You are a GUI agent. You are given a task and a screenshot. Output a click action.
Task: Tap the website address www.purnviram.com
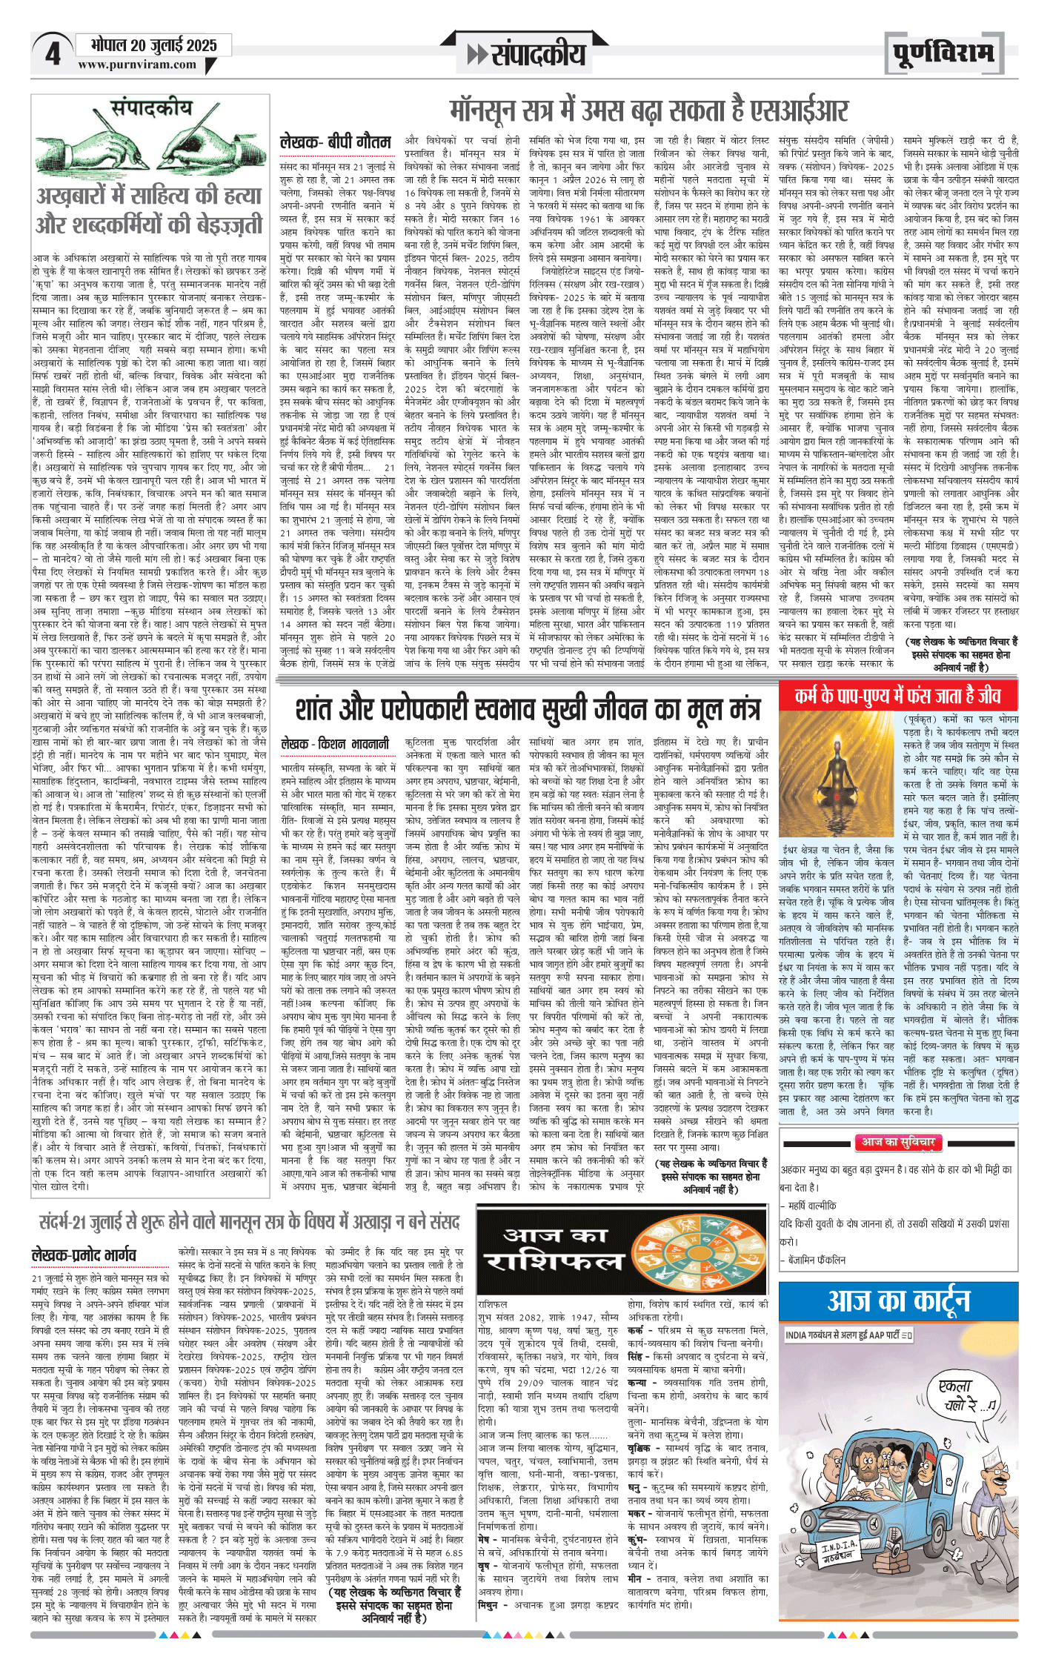[137, 65]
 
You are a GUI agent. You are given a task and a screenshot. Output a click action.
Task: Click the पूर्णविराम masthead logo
[943, 54]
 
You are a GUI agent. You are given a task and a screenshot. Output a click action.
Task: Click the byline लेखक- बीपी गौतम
[336, 142]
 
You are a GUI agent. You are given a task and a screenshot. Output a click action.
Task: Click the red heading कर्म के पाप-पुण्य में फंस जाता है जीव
[897, 695]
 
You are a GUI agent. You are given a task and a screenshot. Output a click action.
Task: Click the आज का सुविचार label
[898, 1143]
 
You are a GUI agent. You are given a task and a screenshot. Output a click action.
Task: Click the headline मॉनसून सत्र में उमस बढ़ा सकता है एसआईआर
[648, 111]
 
